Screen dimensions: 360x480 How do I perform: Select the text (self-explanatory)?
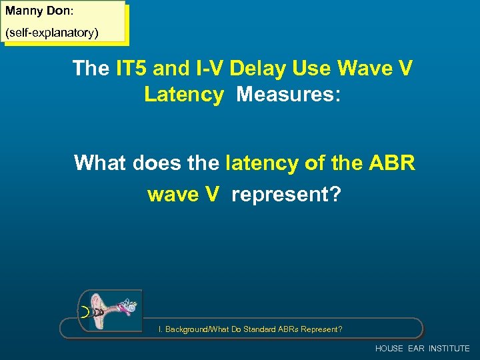[52, 32]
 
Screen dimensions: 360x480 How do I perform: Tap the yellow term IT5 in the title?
[129, 68]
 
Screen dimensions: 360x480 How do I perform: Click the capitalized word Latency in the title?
[184, 94]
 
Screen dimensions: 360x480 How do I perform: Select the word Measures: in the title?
[288, 94]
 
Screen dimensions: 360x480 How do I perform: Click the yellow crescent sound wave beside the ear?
[83, 311]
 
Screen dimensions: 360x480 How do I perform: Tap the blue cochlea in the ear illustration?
[131, 307]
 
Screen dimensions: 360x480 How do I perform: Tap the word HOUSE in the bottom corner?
[389, 349]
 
